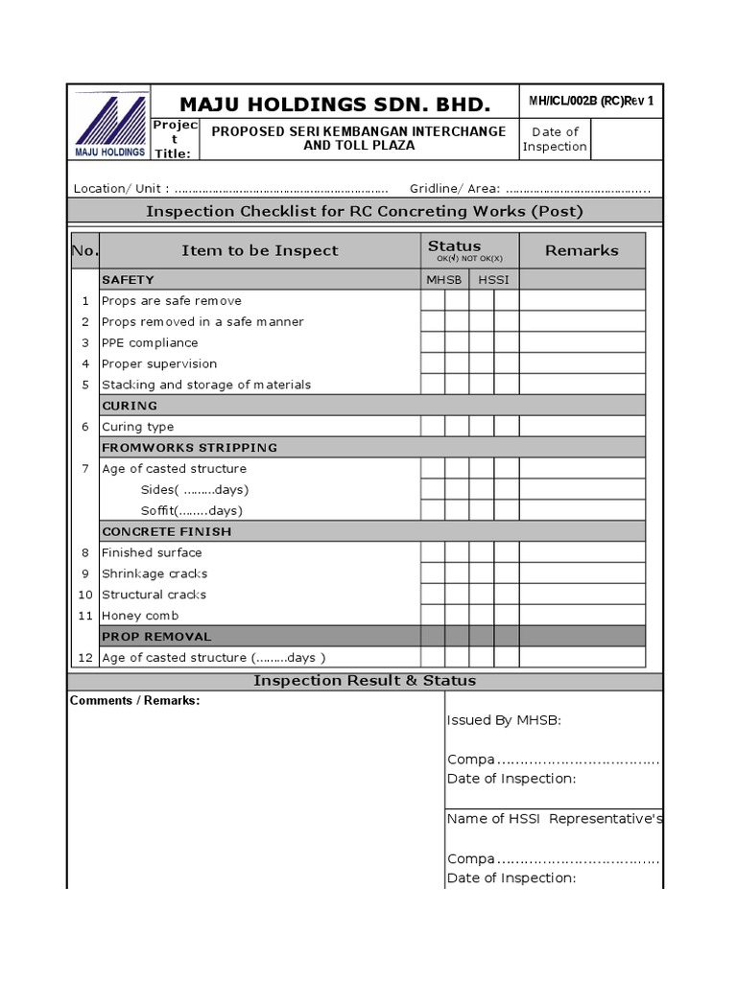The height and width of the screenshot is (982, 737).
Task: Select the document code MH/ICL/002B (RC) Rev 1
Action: (591, 102)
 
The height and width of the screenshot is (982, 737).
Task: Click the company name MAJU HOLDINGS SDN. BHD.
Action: (336, 104)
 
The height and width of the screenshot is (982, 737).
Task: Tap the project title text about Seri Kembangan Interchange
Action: (358, 138)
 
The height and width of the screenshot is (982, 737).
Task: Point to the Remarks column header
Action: (582, 250)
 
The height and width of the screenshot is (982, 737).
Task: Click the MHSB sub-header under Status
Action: (444, 279)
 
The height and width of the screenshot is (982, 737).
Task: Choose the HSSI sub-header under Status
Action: (494, 279)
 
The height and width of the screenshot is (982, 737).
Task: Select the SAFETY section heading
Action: (128, 279)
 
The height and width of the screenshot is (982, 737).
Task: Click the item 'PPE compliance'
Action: (150, 342)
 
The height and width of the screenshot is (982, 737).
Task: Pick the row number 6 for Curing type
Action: (84, 427)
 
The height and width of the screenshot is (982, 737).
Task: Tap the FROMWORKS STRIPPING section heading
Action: (189, 448)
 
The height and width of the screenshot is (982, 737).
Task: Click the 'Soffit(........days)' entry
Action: (191, 510)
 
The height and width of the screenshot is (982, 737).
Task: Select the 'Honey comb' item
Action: (140, 616)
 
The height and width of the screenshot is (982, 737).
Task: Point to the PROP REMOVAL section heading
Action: (156, 637)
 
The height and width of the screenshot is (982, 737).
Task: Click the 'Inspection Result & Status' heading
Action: (364, 681)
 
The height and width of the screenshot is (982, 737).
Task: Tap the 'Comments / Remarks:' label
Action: (135, 701)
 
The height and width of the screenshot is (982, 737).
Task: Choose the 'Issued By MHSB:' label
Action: (504, 721)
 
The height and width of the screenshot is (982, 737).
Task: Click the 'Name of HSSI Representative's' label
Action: (554, 819)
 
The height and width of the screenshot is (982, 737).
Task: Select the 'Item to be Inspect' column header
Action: (259, 250)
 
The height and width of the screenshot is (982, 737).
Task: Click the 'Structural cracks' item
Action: (154, 595)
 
